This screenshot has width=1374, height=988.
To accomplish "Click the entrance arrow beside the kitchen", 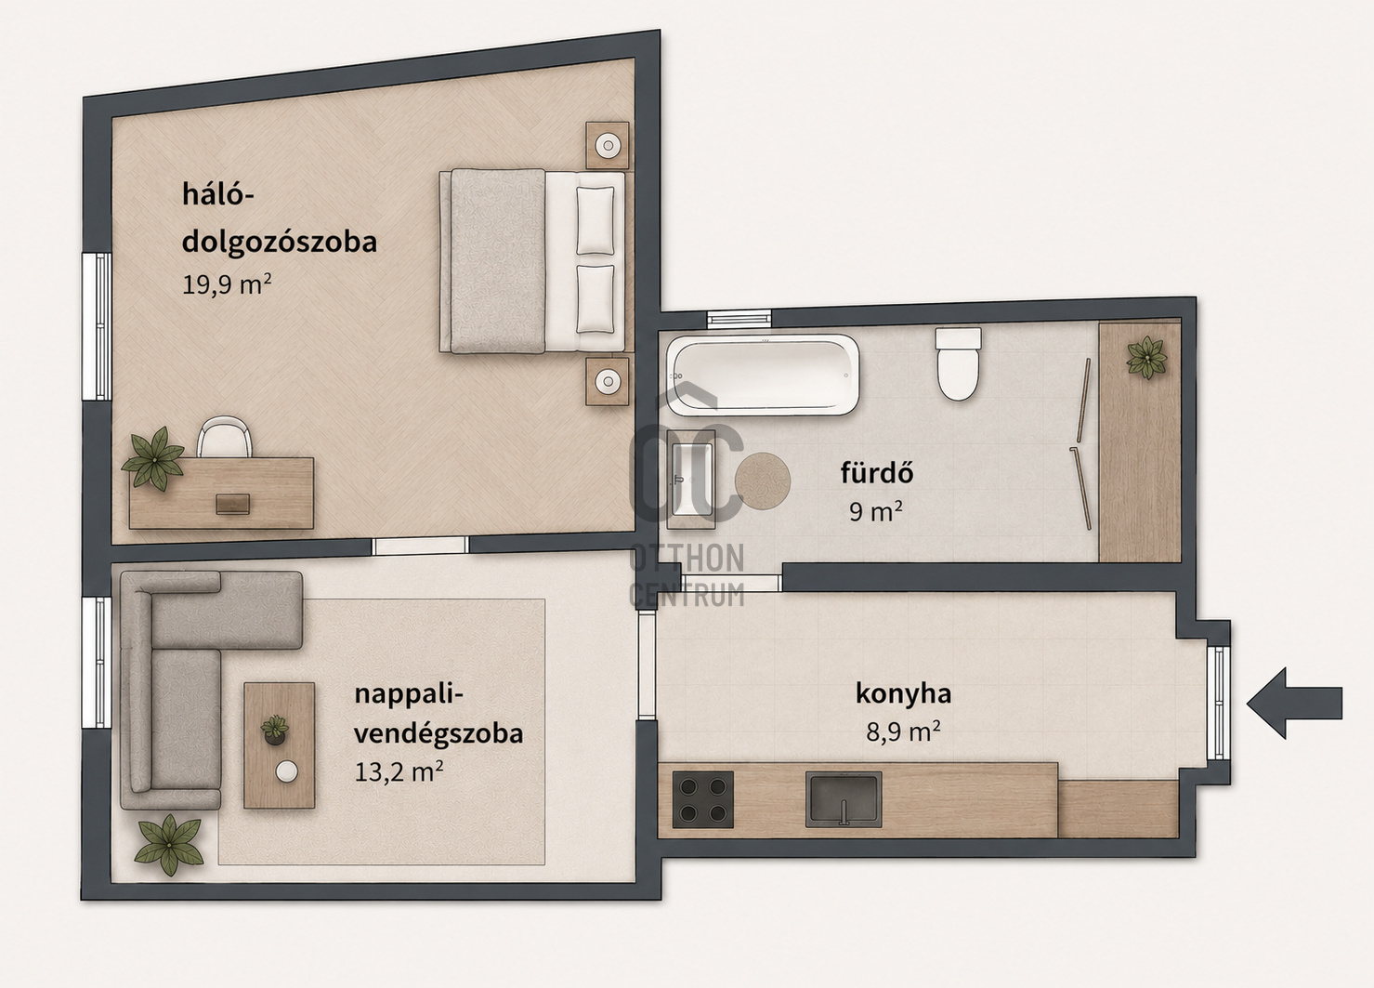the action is pyautogui.click(x=1294, y=704).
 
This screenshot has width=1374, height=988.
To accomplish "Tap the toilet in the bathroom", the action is pyautogui.click(x=958, y=364).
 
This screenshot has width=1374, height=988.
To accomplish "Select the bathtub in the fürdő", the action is pyautogui.click(x=763, y=375).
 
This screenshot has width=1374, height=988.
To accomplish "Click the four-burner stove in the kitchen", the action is pyautogui.click(x=703, y=799).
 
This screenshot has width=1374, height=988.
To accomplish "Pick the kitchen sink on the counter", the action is pyautogui.click(x=844, y=799).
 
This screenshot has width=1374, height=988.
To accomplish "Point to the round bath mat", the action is pyautogui.click(x=763, y=481).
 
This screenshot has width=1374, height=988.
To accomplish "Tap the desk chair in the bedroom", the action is pyautogui.click(x=225, y=436).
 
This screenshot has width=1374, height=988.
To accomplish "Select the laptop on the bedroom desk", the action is pyautogui.click(x=232, y=504).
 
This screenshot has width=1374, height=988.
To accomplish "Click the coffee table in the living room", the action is pyautogui.click(x=280, y=745).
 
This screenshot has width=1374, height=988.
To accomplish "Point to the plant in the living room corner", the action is pyautogui.click(x=169, y=844).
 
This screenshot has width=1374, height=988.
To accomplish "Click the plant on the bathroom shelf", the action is pyautogui.click(x=1146, y=357).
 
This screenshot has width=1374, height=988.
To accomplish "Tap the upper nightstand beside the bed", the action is pyautogui.click(x=608, y=145).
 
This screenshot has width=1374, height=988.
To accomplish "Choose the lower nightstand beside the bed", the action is pyautogui.click(x=608, y=381).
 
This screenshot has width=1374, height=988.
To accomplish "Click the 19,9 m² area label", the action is pyautogui.click(x=227, y=284).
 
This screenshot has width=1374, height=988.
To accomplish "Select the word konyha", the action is pyautogui.click(x=904, y=694).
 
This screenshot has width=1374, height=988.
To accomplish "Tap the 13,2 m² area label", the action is pyautogui.click(x=399, y=771).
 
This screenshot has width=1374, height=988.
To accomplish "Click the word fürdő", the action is pyautogui.click(x=877, y=473).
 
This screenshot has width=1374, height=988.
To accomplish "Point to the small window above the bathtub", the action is pyautogui.click(x=739, y=319).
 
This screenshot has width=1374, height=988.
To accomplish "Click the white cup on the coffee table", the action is pyautogui.click(x=286, y=772).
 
